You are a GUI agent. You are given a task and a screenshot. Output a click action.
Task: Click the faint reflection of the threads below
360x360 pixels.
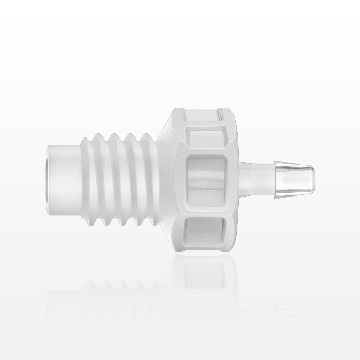tap(119, 288)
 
